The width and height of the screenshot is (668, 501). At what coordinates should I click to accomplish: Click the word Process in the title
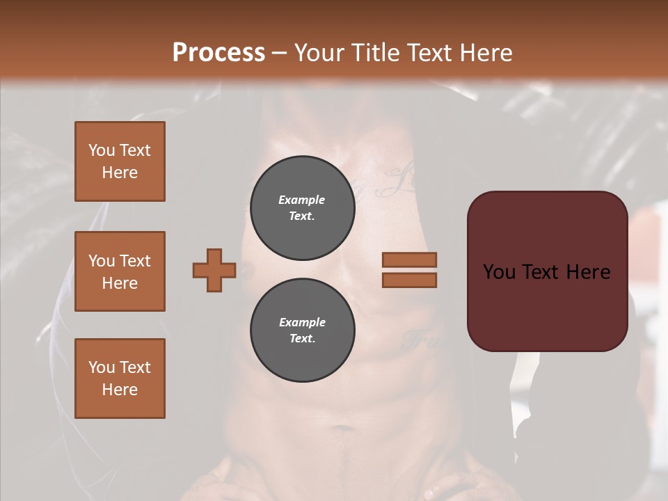pos(218,52)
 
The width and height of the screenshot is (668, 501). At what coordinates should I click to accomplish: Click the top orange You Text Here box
pos(120,161)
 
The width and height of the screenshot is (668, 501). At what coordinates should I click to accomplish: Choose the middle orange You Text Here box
pos(120,271)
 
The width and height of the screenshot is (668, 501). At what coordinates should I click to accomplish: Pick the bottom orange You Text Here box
pos(120,379)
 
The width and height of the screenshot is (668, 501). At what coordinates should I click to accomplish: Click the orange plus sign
pos(214,270)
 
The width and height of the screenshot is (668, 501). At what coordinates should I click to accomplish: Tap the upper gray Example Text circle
pos(303,208)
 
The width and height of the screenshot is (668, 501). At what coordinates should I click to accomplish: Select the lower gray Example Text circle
pos(303,330)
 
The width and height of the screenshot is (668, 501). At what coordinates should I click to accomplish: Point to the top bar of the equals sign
pos(409,260)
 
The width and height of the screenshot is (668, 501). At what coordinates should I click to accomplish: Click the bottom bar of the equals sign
pos(409,280)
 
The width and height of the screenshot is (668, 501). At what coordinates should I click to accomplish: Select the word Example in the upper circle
pos(301,200)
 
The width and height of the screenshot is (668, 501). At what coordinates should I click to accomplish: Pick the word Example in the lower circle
pos(302,322)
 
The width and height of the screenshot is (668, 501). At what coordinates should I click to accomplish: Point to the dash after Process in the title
pos(279,54)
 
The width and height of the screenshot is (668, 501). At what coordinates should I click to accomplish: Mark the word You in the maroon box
pos(499,272)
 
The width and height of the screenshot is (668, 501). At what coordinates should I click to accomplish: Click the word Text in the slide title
pos(426,52)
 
